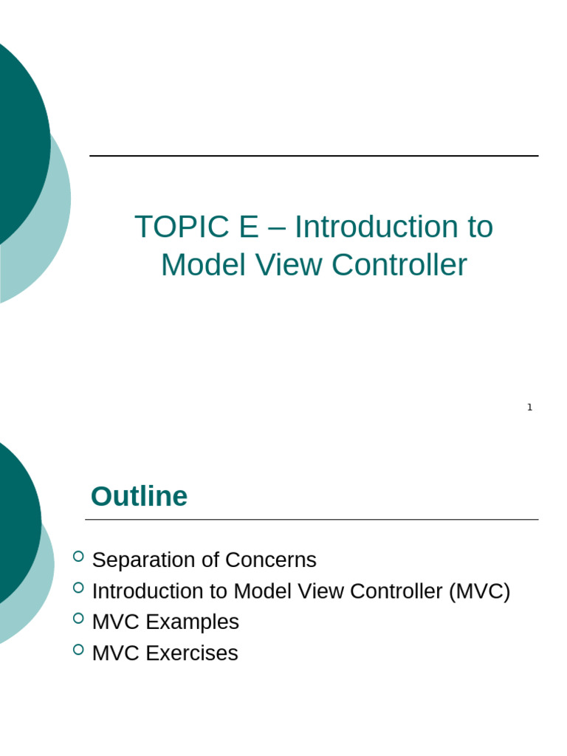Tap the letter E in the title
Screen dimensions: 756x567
[x=248, y=227]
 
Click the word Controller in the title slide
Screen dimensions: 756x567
[x=399, y=265]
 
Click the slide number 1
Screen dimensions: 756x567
[x=529, y=407]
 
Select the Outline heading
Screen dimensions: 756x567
[x=139, y=496]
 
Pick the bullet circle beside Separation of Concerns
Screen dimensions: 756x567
[x=78, y=556]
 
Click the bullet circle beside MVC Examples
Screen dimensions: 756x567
[x=78, y=618]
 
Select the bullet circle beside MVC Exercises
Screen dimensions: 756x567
[x=78, y=649]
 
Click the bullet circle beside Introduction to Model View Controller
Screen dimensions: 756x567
[x=78, y=587]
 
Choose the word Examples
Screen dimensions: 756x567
[x=192, y=622]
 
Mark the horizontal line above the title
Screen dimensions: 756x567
[x=314, y=156]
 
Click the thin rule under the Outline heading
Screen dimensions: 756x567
[x=312, y=520]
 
